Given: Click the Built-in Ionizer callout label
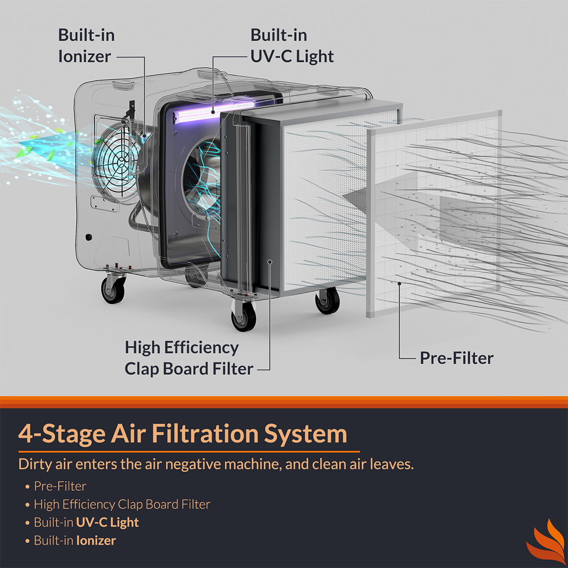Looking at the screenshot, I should [x=86, y=46].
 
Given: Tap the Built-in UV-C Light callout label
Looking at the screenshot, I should [x=292, y=46].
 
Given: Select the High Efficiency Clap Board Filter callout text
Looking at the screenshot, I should [x=189, y=358].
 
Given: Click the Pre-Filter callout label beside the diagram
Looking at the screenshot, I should [x=456, y=358].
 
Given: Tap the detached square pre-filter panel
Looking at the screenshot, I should [x=434, y=213].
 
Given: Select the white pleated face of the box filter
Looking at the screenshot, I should [x=325, y=203].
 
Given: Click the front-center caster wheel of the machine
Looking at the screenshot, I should [x=243, y=317].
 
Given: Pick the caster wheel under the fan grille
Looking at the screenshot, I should [x=113, y=290].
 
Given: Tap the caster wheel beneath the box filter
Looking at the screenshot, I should [x=327, y=301].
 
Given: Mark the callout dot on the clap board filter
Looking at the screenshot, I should [x=270, y=262].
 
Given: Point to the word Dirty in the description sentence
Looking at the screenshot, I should [x=34, y=464].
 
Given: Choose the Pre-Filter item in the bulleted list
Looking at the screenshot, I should [x=60, y=486].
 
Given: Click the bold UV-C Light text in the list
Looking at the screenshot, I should [x=107, y=522].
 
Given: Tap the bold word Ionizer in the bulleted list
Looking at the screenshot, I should [x=96, y=541].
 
